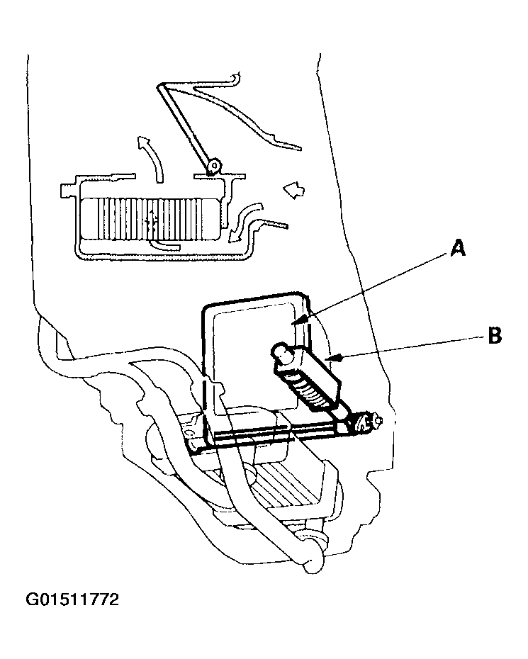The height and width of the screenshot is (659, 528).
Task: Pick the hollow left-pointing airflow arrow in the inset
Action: [293, 189]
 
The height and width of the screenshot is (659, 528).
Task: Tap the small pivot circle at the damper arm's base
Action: [212, 167]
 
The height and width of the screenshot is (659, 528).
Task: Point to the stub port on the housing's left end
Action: [69, 191]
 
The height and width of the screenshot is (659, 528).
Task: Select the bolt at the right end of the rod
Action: [368, 423]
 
